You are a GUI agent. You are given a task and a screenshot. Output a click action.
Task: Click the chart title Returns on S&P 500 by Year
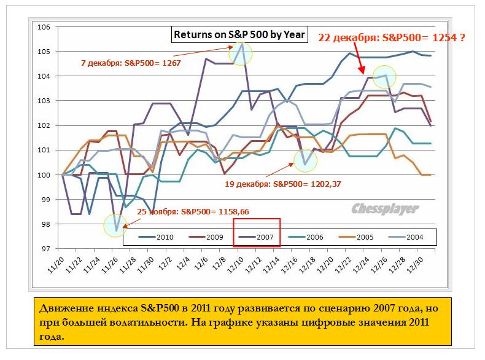[x=239, y=34]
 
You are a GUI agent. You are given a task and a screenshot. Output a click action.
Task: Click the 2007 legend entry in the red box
[x=257, y=237]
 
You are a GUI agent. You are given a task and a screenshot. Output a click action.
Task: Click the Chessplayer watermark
[x=385, y=209]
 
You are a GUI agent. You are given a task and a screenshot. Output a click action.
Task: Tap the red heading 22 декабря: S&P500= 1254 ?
[x=391, y=38]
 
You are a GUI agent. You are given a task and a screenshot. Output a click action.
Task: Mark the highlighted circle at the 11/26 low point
[x=115, y=226]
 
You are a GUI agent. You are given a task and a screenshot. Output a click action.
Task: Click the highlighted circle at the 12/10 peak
[x=241, y=54]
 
